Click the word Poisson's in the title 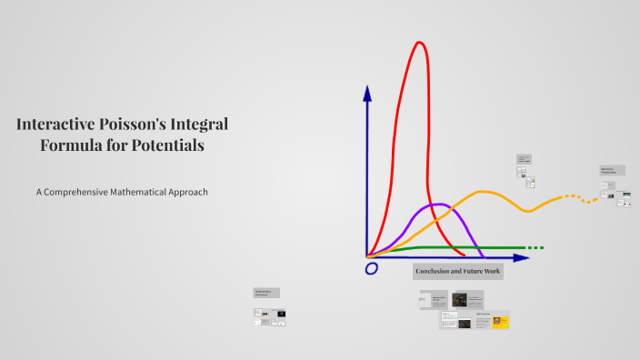(136, 125)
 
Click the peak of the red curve (419, 43)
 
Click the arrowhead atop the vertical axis (367, 93)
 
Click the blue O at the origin (371, 269)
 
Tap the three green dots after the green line (535, 247)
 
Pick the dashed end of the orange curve (581, 197)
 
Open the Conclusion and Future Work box (457, 272)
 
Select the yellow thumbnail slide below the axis (500, 322)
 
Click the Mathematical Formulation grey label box (266, 293)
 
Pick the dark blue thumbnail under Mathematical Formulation (279, 314)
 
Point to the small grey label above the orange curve (524, 158)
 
